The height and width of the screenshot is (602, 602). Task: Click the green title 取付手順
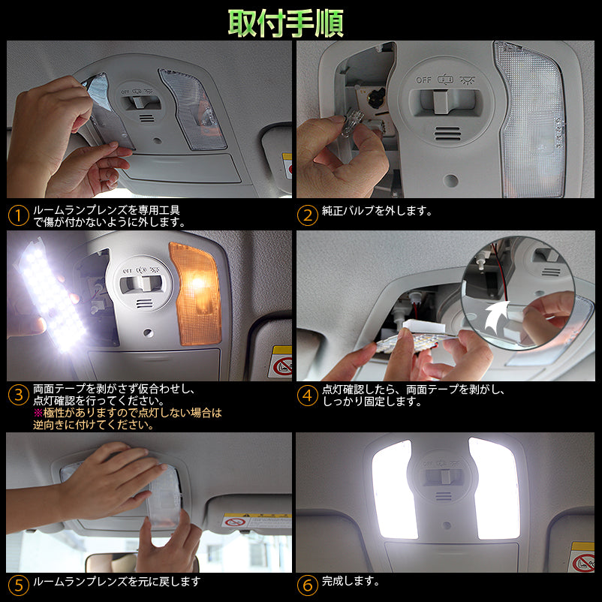pyautogui.click(x=286, y=23)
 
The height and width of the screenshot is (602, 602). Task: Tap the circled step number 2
pyautogui.click(x=307, y=216)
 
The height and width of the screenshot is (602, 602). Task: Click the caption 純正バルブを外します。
pyautogui.click(x=377, y=212)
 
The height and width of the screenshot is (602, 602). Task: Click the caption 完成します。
pyautogui.click(x=351, y=581)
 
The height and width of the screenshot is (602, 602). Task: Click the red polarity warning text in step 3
pyautogui.click(x=128, y=418)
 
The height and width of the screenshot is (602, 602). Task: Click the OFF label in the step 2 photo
pyautogui.click(x=425, y=79)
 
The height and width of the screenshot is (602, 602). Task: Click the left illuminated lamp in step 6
pyautogui.click(x=393, y=488)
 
